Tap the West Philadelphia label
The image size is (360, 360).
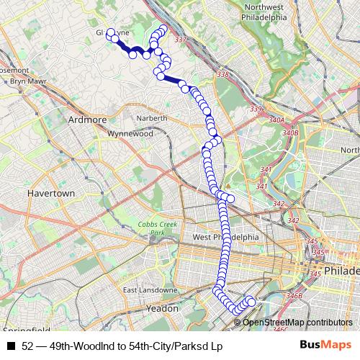point(225,238)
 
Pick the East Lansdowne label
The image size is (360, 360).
point(149,290)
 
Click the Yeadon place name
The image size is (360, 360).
point(161,307)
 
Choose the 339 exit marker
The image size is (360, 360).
point(257,109)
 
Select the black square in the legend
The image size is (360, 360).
point(11,346)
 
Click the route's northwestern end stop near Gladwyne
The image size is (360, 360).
point(111,32)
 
